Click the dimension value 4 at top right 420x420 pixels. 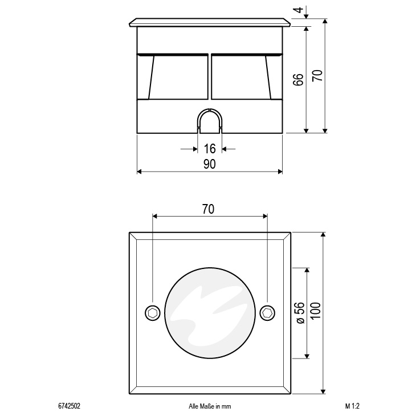pyautogui.click(x=299, y=10)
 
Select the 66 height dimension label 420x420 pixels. pyautogui.click(x=298, y=80)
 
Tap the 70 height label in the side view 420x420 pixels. pyautogui.click(x=317, y=76)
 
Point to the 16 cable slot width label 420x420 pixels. pyautogui.click(x=210, y=149)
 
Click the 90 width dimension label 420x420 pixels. pyautogui.click(x=210, y=164)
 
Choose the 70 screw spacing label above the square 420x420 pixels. pyautogui.click(x=208, y=209)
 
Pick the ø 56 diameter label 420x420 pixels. pyautogui.click(x=300, y=313)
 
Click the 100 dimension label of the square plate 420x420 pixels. pyautogui.click(x=316, y=311)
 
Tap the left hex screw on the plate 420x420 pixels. pyautogui.click(x=153, y=313)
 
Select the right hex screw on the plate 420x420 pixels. pyautogui.click(x=267, y=313)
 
